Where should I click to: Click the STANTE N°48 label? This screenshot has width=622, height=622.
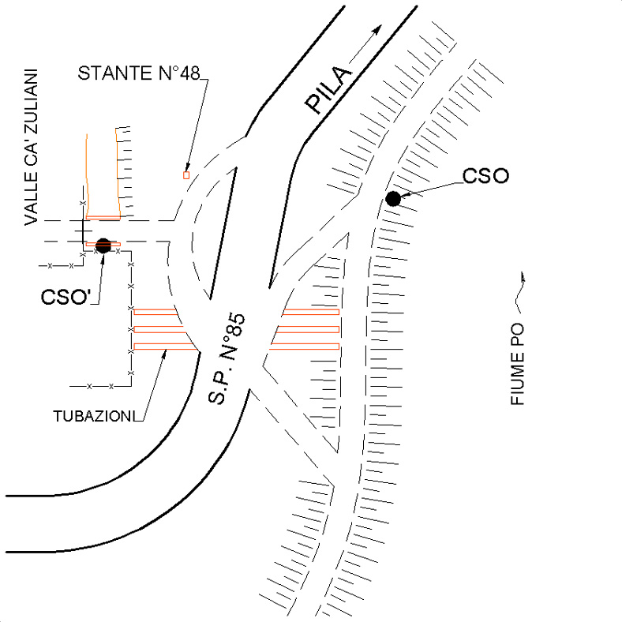(x=139, y=73)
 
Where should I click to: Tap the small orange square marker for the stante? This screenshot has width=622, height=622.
(x=186, y=175)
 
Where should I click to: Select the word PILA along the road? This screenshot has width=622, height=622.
(x=328, y=89)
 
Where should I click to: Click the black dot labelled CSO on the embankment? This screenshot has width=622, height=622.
(x=393, y=199)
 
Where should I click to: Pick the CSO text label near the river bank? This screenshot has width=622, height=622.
(x=486, y=176)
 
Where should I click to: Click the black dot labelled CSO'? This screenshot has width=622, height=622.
(x=103, y=245)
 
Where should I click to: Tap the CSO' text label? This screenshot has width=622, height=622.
(x=66, y=297)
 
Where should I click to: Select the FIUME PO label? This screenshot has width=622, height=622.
(x=517, y=364)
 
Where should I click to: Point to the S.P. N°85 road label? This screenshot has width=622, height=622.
(x=227, y=358)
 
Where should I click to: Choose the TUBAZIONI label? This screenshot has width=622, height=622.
(x=92, y=416)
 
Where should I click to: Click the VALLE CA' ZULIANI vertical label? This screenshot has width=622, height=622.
(x=31, y=148)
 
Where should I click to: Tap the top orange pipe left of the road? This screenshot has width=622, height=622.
(x=155, y=312)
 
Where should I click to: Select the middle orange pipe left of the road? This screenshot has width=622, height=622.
(x=159, y=329)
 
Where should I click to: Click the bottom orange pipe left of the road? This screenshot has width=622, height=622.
(x=165, y=347)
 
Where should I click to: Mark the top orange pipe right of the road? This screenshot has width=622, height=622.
(x=311, y=312)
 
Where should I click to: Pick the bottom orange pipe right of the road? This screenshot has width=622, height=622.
(x=305, y=347)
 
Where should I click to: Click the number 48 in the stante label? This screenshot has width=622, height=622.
(x=190, y=73)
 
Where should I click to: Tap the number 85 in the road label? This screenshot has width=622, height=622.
(x=237, y=325)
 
